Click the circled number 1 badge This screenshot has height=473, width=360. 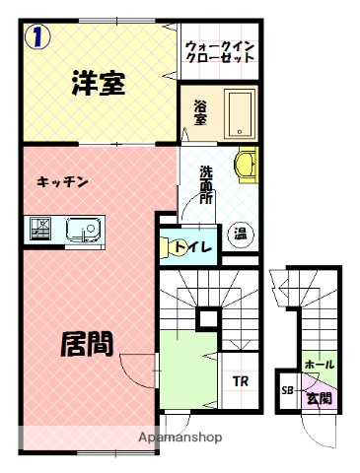click(x=36, y=37)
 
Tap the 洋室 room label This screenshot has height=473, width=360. click(x=97, y=85)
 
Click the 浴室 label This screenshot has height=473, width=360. click(x=200, y=112)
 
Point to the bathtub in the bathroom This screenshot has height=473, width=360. click(x=240, y=114)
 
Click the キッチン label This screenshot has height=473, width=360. click(x=64, y=181)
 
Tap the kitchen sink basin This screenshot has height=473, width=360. click(x=81, y=230)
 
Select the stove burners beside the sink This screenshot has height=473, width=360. click(x=42, y=230)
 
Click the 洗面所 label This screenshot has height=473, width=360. click(x=205, y=181)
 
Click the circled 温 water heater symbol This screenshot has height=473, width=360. click(x=240, y=234)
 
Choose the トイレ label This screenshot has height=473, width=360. click(x=193, y=246)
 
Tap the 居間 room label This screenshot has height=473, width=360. click(x=87, y=343)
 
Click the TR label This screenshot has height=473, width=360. click(x=239, y=382)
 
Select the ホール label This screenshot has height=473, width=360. click(x=320, y=364)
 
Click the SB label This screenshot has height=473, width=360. click(x=288, y=390)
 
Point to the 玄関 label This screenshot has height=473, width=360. click(x=319, y=398)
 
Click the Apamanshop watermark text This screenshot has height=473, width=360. click(x=180, y=437)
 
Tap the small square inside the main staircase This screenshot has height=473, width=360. click(x=207, y=317)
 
